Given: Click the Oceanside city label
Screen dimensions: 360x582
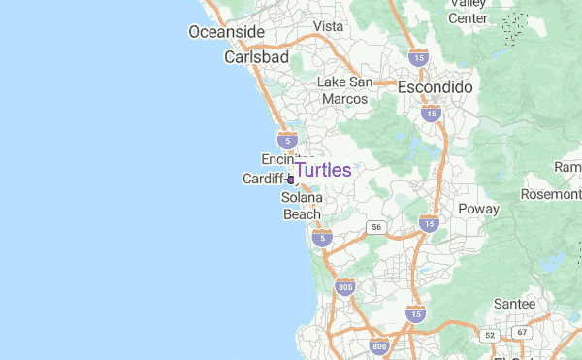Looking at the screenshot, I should pos(226,32).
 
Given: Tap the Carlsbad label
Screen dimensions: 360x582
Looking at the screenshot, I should pos(256,57).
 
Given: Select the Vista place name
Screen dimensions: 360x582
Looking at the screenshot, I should pos(329,26).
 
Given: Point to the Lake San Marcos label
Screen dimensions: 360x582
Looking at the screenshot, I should pos(345,90).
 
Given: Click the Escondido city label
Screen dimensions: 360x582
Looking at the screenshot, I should pos(435,87).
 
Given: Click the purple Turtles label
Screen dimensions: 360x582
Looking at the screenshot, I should pos(323,170).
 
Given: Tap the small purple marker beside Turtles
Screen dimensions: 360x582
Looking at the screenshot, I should pos(291,180).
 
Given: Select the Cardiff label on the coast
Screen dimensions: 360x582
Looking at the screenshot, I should pos(265,180).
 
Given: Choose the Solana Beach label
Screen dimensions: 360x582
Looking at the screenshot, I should pos(302,206).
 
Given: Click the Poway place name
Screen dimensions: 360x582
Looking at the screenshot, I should pos(478,209).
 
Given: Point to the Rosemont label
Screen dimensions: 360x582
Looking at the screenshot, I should pos(550,194).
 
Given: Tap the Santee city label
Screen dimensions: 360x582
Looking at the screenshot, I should pos(514,304).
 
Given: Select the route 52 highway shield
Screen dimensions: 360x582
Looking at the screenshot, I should pos(490,335).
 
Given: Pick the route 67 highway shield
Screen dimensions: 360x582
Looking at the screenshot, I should pos(523,333).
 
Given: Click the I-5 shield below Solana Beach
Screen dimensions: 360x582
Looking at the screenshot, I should pos(324,237).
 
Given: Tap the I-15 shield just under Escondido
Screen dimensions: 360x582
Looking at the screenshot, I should pos(431,114).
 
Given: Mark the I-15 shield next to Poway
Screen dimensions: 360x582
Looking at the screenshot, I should pos(428,224).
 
